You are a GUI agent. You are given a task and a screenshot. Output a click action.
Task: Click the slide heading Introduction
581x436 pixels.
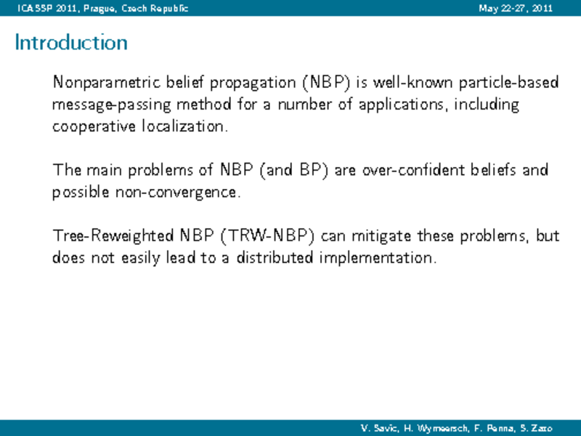point(71,42)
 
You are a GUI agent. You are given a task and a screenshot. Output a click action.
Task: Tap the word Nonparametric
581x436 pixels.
point(106,83)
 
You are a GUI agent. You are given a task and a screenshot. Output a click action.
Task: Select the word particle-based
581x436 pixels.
point(508,83)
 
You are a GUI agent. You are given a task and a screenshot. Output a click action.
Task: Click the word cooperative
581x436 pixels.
point(94,126)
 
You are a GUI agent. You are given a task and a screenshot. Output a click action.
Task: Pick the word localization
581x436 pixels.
point(185,126)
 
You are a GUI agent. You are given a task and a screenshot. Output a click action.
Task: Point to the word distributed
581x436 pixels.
point(275,257)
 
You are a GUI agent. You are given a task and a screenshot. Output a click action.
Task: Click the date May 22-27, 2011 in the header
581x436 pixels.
point(516,8)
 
